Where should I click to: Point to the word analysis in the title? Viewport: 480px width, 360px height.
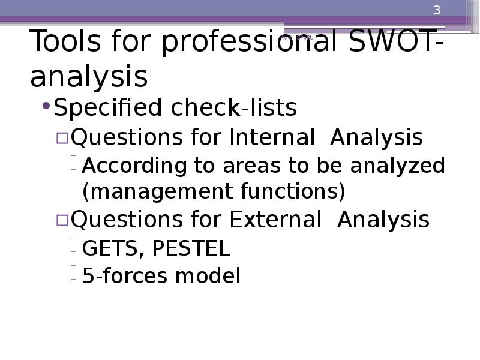(x=89, y=77)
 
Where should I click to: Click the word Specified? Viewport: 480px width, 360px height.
(x=108, y=109)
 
